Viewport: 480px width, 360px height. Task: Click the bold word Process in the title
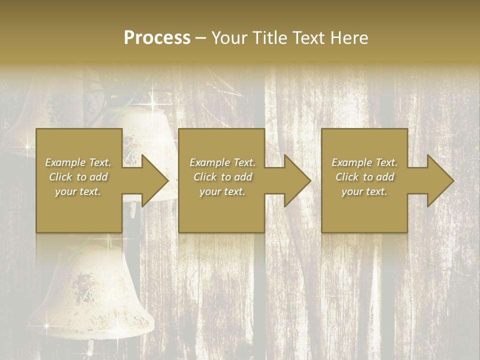coord(157,38)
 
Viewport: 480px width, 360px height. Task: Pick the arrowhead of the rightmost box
coord(440,180)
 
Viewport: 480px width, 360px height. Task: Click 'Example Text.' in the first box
coord(78,162)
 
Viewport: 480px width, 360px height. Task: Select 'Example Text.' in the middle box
coord(222,162)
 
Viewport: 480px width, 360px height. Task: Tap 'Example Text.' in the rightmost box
coord(364,162)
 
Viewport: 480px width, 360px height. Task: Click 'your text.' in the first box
coord(78,191)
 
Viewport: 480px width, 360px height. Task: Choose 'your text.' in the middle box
coord(222,191)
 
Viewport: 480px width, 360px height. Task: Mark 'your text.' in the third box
coord(364,191)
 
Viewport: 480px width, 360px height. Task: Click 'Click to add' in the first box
coord(78,177)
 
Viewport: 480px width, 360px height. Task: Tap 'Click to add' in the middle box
coord(222,177)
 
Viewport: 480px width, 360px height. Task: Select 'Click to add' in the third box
coord(364,177)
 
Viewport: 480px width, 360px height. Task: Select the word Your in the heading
coord(228,38)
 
